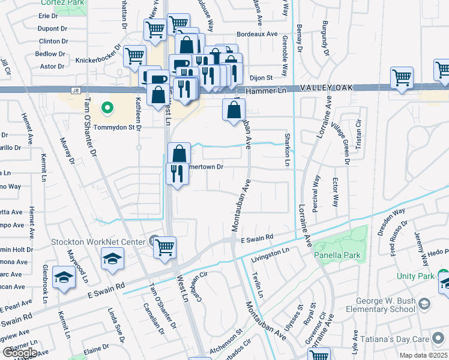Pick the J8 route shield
pyautogui.click(x=75, y=91)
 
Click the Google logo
pyautogui.click(x=19, y=352)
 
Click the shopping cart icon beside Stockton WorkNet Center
pyautogui.click(x=164, y=247)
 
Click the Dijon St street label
pyautogui.click(x=261, y=77)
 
